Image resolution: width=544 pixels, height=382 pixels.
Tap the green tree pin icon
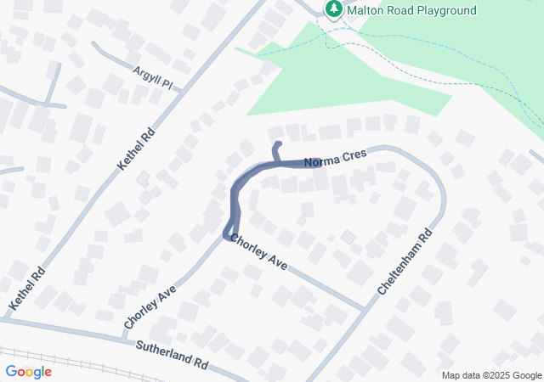pos(334,9)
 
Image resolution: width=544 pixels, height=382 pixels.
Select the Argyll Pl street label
pos(152,79)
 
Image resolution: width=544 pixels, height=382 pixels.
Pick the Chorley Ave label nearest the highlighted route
pos(258,252)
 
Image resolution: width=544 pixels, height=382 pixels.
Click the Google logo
pos(28,371)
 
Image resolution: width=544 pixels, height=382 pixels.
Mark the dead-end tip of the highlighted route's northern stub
pos(276,146)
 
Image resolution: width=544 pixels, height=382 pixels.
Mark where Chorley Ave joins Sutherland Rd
pos(125,334)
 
